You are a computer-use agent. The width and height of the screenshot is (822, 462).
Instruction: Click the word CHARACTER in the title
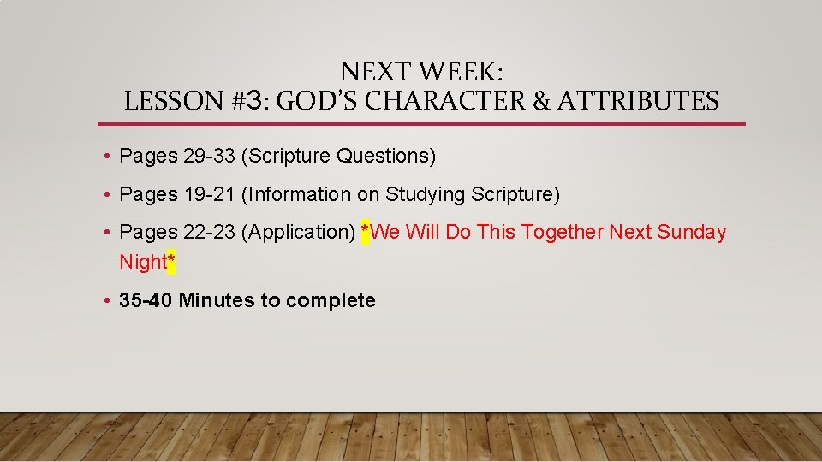click(435, 101)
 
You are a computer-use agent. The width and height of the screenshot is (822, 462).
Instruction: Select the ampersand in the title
click(543, 101)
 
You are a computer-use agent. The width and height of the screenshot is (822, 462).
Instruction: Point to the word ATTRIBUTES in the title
click(638, 101)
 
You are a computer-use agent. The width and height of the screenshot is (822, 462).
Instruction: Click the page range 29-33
click(210, 156)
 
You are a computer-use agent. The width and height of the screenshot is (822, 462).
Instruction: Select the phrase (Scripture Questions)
click(339, 156)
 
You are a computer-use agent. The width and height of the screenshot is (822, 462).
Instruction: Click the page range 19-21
click(210, 194)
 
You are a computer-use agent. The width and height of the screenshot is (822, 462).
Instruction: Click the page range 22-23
click(210, 232)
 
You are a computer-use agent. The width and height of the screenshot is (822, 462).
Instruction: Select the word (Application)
click(299, 232)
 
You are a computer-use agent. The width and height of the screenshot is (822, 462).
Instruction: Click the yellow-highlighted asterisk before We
click(366, 233)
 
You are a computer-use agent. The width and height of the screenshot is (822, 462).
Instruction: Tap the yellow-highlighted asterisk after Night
click(171, 263)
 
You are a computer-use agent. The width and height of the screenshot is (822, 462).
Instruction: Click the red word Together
click(564, 232)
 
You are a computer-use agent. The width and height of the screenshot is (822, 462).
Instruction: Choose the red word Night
click(142, 262)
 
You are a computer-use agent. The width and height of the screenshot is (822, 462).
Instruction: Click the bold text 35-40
click(146, 300)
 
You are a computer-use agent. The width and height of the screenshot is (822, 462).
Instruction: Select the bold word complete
click(331, 300)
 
